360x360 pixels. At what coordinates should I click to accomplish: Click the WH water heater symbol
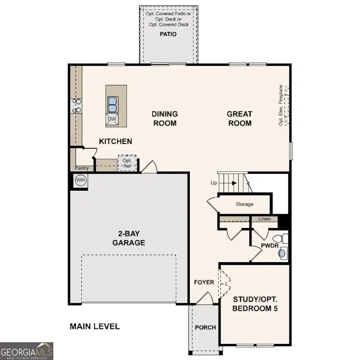[80, 180]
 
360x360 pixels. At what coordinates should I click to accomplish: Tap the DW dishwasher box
[112, 119]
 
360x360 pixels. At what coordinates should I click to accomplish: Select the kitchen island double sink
[112, 104]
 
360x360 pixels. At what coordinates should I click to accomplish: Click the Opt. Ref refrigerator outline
[127, 163]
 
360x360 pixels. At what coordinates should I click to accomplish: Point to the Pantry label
[81, 168]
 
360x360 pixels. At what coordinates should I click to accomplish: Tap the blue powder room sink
[282, 253]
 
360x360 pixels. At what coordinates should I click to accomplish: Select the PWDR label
[269, 245]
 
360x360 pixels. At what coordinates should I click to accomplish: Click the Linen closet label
[264, 219]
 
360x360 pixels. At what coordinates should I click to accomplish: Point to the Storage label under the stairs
[244, 204]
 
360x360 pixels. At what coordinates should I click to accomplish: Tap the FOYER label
[204, 282]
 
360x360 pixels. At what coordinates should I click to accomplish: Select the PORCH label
[205, 328]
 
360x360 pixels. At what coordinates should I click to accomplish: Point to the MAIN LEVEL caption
[95, 326]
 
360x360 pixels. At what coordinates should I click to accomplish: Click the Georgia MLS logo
[27, 350]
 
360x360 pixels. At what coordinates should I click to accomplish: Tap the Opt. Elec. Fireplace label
[281, 105]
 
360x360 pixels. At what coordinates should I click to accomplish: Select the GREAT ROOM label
[240, 119]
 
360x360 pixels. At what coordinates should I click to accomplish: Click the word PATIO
[168, 34]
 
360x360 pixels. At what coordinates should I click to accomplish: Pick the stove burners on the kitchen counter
[76, 106]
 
